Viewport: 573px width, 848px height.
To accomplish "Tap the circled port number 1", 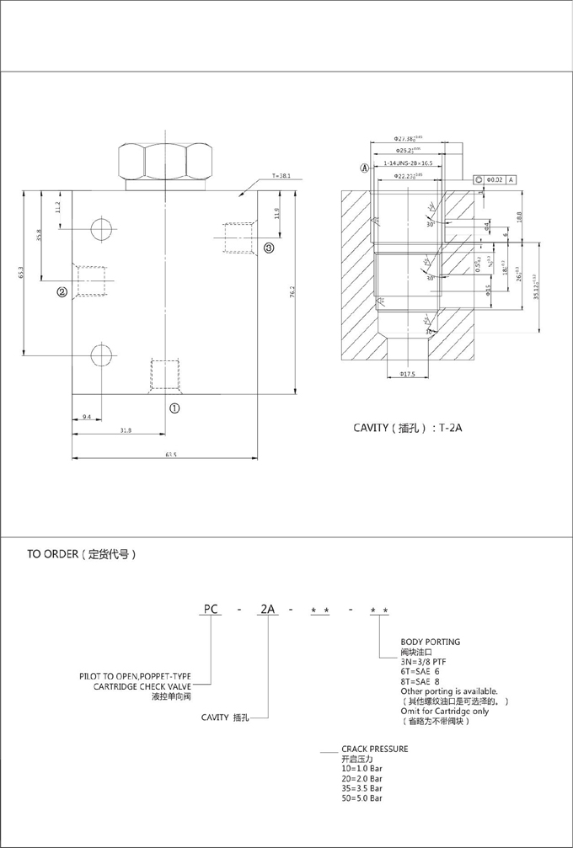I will (174, 408).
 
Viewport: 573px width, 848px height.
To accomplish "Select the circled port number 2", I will (62, 293).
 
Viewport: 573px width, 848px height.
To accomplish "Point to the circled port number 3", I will (268, 248).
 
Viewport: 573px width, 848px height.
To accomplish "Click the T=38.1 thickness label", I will (281, 176).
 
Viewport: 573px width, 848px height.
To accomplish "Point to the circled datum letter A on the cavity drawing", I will (365, 168).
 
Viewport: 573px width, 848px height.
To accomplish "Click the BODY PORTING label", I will (430, 642).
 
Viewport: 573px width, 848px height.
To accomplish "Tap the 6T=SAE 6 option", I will (420, 671).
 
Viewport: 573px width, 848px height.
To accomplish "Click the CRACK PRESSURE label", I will (374, 748).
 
